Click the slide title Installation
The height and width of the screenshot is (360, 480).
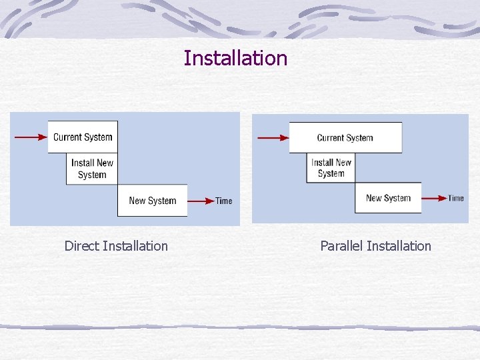tap(235, 58)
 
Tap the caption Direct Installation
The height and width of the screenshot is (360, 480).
tap(116, 246)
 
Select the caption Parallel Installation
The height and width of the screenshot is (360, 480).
tap(375, 246)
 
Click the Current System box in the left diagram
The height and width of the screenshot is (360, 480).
tap(83, 137)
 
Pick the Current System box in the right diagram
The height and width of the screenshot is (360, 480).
tap(345, 137)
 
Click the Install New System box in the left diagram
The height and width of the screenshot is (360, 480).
tap(92, 169)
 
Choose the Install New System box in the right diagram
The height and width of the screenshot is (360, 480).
tap(331, 167)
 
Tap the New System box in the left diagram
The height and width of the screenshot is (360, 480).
tap(152, 200)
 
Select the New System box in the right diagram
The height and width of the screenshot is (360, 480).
tap(388, 197)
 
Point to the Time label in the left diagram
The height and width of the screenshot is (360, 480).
tap(224, 201)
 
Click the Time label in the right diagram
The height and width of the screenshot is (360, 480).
tap(456, 197)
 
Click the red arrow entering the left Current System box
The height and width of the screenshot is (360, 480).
tap(31, 137)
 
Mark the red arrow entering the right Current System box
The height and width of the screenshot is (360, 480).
tap(273, 138)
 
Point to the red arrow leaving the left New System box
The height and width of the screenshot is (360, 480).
tap(201, 200)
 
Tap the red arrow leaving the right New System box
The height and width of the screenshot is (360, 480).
tap(434, 197)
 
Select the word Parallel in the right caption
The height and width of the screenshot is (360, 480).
tap(341, 246)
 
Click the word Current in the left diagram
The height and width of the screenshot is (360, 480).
tap(68, 137)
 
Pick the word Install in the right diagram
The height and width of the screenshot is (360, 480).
tap(322, 162)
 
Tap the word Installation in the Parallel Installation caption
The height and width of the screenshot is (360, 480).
tap(399, 246)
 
